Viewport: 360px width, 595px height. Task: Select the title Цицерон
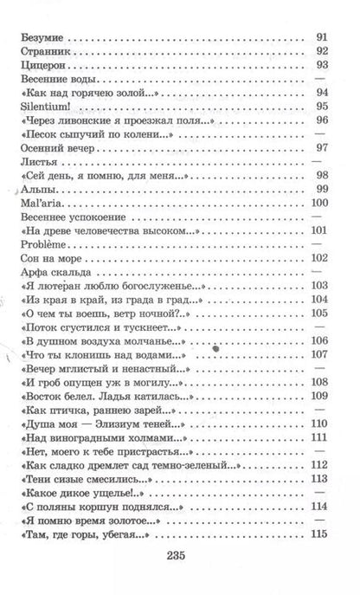[42, 66]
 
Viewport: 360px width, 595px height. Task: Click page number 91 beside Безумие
[320, 39]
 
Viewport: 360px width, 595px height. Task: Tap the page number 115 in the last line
[318, 533]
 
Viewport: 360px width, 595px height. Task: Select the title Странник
[45, 53]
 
